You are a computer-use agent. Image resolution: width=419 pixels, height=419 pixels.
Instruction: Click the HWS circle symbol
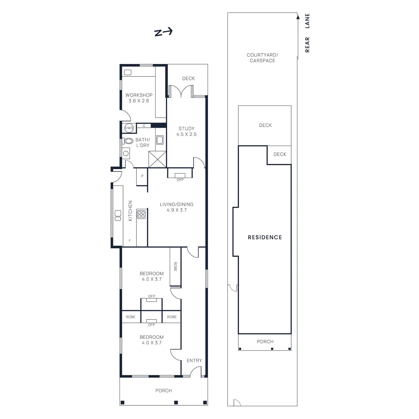click(x=129, y=128)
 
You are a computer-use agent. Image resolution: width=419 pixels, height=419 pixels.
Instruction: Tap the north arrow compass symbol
click(x=163, y=32)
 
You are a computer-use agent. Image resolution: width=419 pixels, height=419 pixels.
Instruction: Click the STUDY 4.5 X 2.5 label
click(x=186, y=131)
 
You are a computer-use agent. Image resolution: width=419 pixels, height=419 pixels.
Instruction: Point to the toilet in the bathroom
click(x=128, y=141)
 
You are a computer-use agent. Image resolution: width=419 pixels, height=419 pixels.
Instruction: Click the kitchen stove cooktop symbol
click(x=141, y=214)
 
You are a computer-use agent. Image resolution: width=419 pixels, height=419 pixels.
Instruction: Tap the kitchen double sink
click(x=118, y=215)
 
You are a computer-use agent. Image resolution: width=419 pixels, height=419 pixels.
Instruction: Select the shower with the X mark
click(x=157, y=159)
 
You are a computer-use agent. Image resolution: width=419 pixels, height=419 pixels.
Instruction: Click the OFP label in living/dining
click(x=180, y=180)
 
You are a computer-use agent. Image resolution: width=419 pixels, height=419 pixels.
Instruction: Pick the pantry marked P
click(x=142, y=176)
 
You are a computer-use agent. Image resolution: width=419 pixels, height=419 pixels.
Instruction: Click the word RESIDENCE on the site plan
click(x=265, y=237)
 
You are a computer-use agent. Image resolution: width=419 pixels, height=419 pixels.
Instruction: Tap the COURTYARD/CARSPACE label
click(x=262, y=58)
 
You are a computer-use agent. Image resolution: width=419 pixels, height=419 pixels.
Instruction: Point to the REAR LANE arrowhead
click(x=298, y=17)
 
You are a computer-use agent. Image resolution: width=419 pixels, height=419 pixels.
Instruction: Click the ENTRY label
click(x=194, y=360)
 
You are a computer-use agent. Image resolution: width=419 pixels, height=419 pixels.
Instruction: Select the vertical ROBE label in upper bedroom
click(x=175, y=266)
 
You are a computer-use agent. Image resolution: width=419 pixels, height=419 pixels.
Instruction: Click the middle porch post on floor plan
click(x=176, y=403)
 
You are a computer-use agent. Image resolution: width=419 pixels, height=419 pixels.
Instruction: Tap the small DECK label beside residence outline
click(x=280, y=154)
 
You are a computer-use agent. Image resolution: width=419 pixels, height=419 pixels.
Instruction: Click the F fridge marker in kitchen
click(x=130, y=241)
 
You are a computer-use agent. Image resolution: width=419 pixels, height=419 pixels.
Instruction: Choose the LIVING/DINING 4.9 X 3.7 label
click(x=177, y=207)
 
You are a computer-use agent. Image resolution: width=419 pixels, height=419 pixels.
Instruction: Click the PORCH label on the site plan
click(x=265, y=341)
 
